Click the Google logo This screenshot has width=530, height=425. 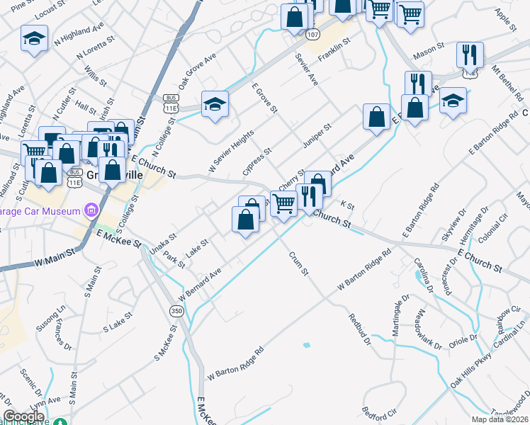pos(23,416)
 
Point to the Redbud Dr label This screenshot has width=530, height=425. pos(360,327)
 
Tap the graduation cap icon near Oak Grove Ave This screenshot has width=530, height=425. pos(215,103)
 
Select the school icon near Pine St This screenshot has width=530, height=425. pos(34,39)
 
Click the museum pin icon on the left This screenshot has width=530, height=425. pos(91,210)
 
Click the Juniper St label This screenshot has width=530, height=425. pos(316,137)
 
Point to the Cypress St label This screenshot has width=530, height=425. pos(257,162)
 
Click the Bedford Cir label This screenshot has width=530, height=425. pos(378,412)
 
